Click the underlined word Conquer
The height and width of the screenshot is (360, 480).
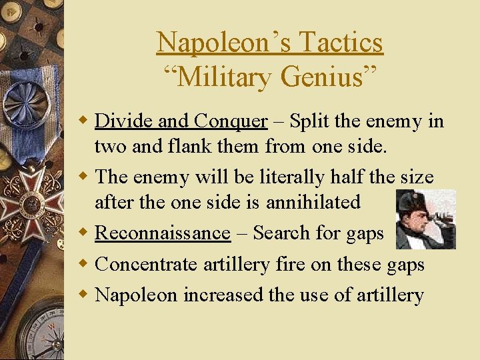(x=231, y=121)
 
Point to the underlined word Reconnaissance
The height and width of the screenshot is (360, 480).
(x=163, y=233)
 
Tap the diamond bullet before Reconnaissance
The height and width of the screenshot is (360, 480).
(x=85, y=233)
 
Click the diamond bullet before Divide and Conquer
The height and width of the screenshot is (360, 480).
(x=85, y=121)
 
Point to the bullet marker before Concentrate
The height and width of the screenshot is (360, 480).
(x=85, y=264)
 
